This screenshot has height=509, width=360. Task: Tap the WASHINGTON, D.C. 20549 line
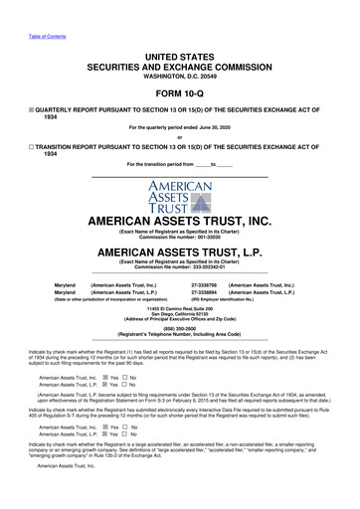pyautogui.click(x=179, y=64)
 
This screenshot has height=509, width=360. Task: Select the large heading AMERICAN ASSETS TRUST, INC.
pyautogui.click(x=179, y=223)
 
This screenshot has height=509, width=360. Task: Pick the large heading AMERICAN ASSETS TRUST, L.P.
pyautogui.click(x=179, y=253)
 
